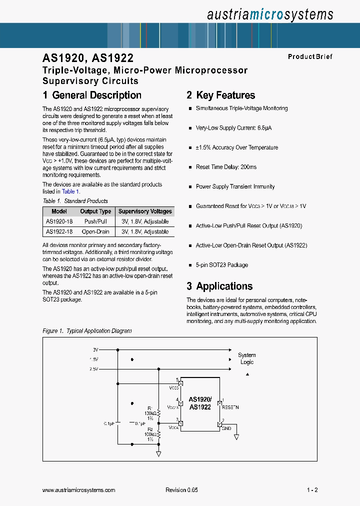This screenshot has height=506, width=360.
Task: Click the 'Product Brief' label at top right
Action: click(310, 56)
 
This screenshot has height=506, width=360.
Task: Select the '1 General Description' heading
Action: click(92, 95)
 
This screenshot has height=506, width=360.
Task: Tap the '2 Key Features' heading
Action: click(220, 95)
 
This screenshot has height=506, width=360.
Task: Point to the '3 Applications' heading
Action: click(219, 286)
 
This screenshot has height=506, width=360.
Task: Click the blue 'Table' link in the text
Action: click(68, 191)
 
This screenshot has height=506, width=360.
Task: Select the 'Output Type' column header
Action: click(95, 211)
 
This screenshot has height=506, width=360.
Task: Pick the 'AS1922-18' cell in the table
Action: click(59, 232)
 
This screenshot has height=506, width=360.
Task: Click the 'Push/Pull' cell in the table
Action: click(95, 221)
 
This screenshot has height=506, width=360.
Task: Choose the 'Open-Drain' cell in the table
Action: click(95, 232)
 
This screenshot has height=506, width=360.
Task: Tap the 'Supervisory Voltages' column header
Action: click(145, 211)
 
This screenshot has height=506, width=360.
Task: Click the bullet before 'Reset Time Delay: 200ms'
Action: click(190, 167)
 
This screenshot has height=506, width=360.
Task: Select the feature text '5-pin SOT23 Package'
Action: click(221, 265)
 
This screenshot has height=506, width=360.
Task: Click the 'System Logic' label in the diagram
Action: click(246, 358)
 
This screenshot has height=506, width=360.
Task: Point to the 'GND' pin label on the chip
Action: click(226, 428)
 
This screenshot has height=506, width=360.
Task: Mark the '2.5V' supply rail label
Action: click(94, 369)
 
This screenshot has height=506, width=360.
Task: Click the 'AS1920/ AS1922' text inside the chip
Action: click(200, 403)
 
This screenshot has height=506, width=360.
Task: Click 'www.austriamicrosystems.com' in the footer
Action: click(79, 490)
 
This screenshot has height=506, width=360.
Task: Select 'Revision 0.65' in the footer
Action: click(181, 490)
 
